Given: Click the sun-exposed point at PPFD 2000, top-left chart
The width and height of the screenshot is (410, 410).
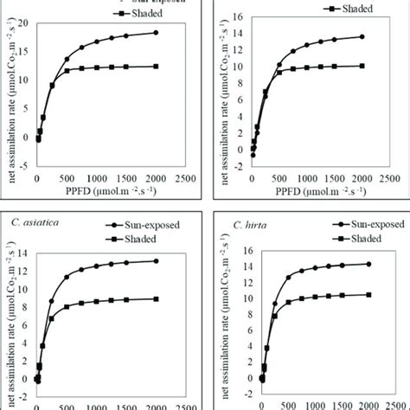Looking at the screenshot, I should point(156,33).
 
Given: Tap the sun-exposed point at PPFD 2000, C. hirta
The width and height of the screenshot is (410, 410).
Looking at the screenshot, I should point(368,288).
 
